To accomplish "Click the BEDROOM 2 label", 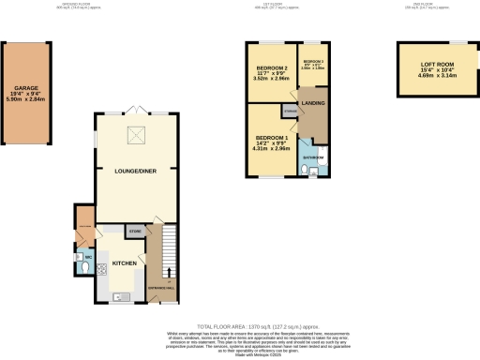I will (x=269, y=67).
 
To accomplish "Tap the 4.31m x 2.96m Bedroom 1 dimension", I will (x=269, y=148).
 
